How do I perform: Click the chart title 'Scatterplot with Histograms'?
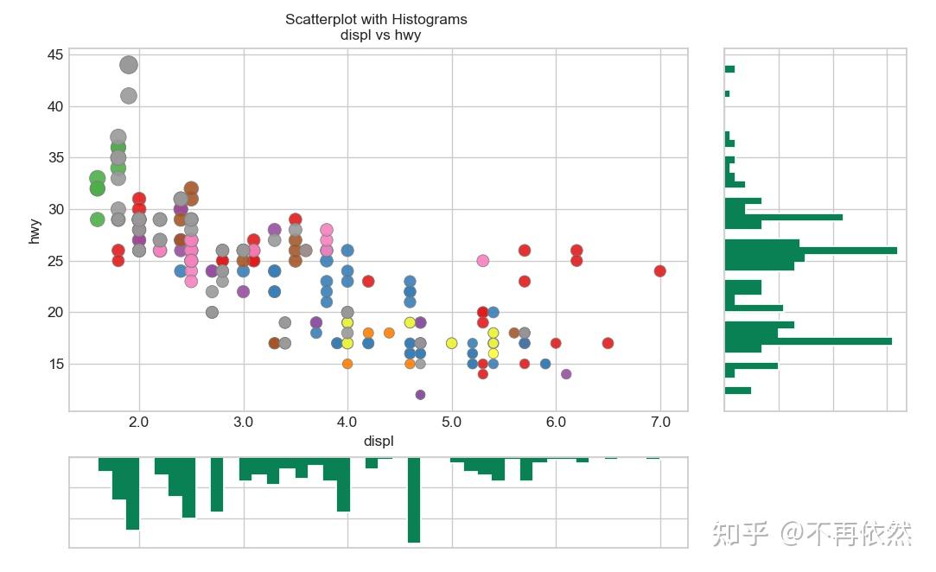pos(376,19)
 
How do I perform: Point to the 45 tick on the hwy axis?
pos(55,55)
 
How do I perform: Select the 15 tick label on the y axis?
pos(55,364)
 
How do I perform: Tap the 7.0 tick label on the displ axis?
pos(659,423)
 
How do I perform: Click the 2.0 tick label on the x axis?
pos(138,423)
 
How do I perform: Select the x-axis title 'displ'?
pos(379,441)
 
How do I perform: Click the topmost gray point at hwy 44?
pos(129,65)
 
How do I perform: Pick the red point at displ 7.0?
pos(660,270)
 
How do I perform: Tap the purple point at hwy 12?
pos(420,395)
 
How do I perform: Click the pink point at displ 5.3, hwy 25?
pos(482,261)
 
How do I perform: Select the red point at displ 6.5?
pos(608,343)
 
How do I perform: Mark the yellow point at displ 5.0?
pos(451,343)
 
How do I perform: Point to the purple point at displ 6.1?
pos(566,374)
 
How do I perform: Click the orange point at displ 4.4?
pos(389,333)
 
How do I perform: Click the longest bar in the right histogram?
pos(811,250)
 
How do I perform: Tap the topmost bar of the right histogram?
pos(729,69)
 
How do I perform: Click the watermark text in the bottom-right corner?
pos(812,534)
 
